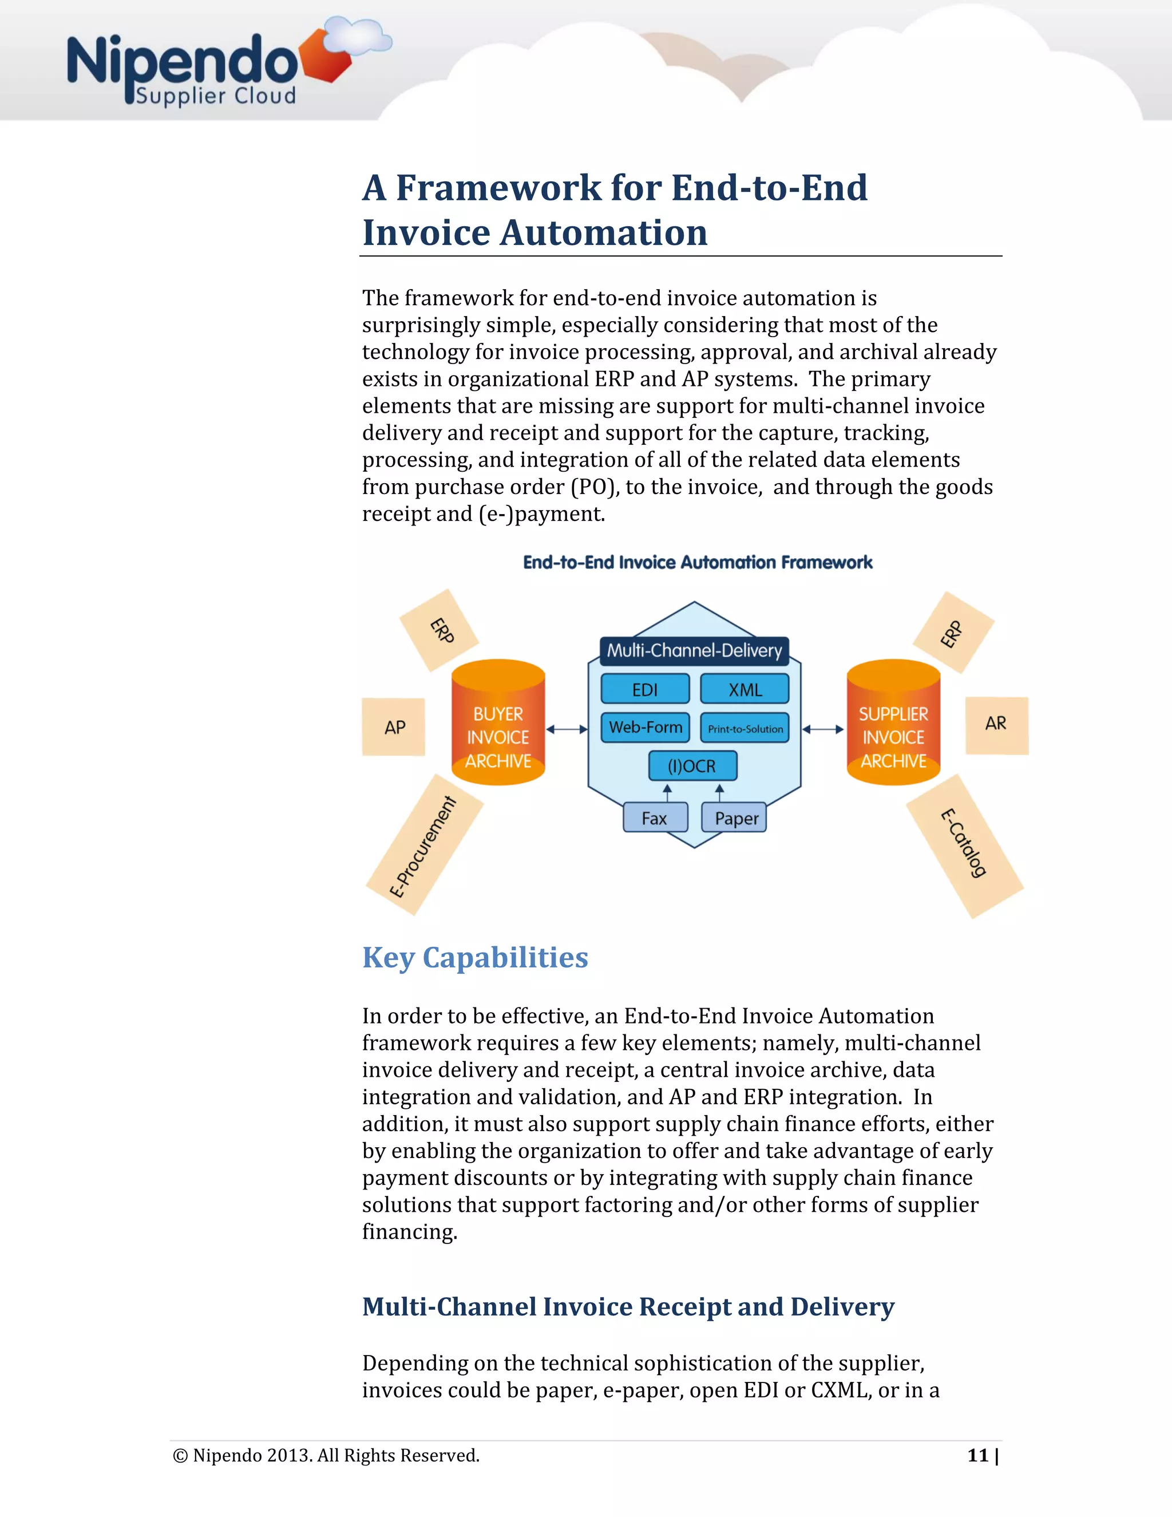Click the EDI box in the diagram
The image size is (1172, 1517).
pos(645,689)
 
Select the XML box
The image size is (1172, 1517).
pos(745,689)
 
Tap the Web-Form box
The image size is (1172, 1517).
pos(645,727)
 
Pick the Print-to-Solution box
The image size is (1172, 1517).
pos(745,728)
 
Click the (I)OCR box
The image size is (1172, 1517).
pos(692,765)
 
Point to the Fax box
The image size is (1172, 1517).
pos(655,817)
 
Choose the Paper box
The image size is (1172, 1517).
pos(735,817)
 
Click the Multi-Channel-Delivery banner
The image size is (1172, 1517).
pos(694,650)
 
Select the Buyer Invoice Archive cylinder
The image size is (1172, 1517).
pos(498,722)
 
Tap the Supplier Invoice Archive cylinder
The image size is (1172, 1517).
pos(893,722)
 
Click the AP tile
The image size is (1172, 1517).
pos(394,726)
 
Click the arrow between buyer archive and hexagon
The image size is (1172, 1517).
pos(567,729)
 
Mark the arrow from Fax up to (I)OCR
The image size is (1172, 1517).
pos(667,792)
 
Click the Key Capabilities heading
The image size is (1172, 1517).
pos(475,957)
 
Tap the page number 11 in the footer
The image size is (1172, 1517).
pos(977,1455)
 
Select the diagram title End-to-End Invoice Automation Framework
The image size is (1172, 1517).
pos(697,562)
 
